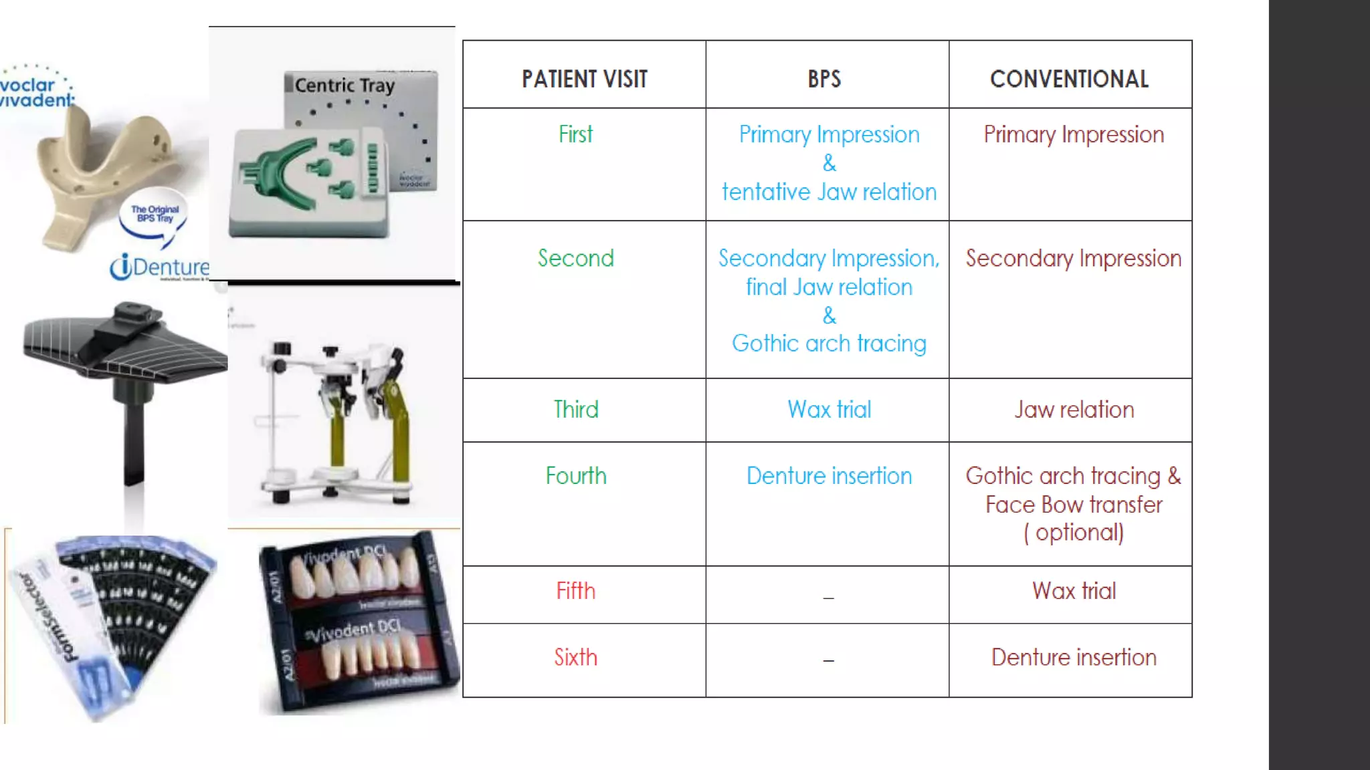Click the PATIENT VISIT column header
(584, 79)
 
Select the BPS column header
(824, 79)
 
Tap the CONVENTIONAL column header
(1069, 79)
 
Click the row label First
(575, 134)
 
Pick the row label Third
(575, 409)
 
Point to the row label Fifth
(575, 591)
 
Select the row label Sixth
(575, 657)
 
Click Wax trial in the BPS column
(829, 409)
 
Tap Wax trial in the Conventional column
(1074, 591)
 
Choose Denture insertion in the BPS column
(829, 476)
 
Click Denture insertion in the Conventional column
(1074, 657)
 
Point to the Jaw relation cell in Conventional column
(1074, 409)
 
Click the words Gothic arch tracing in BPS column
(829, 344)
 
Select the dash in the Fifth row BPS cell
(828, 597)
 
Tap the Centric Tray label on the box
(345, 86)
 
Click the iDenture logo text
(161, 267)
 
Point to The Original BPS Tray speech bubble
(155, 215)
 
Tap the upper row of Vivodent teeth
(355, 573)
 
